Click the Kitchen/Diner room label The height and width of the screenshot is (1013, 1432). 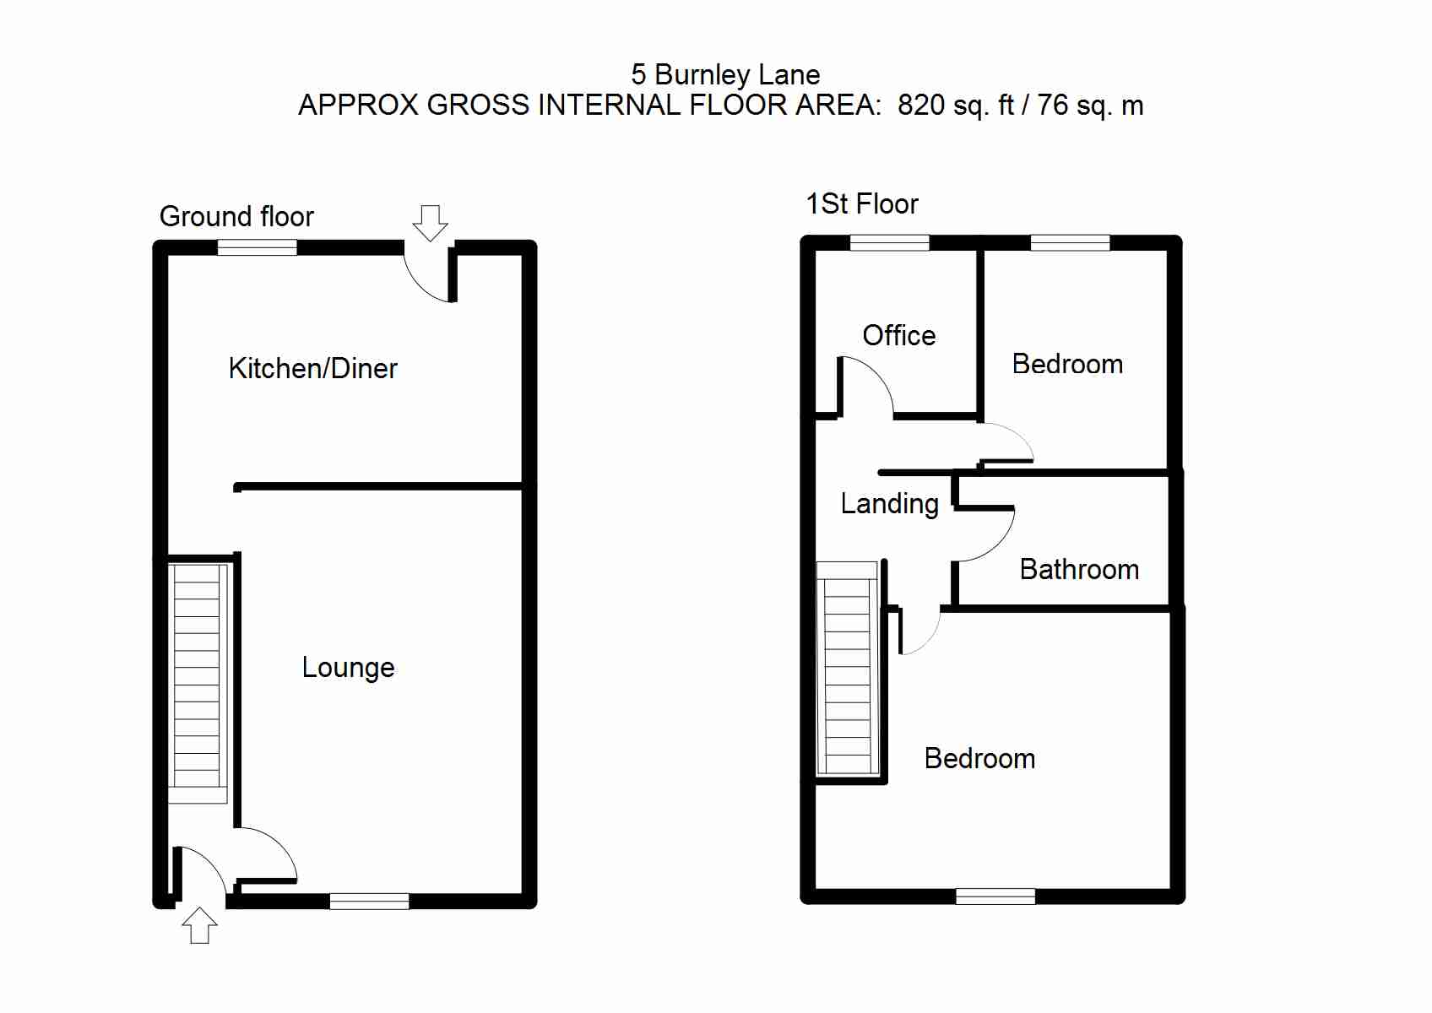click(312, 369)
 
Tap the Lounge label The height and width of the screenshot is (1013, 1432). click(348, 668)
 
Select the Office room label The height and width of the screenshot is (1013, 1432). click(898, 336)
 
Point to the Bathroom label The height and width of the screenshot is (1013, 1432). click(1079, 570)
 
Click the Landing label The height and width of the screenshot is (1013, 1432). click(889, 504)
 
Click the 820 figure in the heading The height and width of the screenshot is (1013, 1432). click(920, 106)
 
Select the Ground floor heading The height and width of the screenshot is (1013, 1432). click(236, 217)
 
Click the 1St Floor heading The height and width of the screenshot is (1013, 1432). click(862, 204)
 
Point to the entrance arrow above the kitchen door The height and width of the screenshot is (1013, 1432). click(430, 222)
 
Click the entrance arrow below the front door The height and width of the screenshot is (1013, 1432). click(200, 925)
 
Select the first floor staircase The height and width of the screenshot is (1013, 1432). click(847, 671)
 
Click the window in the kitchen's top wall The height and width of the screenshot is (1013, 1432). click(257, 247)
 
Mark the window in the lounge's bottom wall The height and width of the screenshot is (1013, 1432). click(369, 901)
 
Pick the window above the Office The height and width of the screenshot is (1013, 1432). click(889, 243)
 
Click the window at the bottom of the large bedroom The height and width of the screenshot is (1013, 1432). click(995, 897)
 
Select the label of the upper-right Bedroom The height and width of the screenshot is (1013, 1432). click(1067, 365)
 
